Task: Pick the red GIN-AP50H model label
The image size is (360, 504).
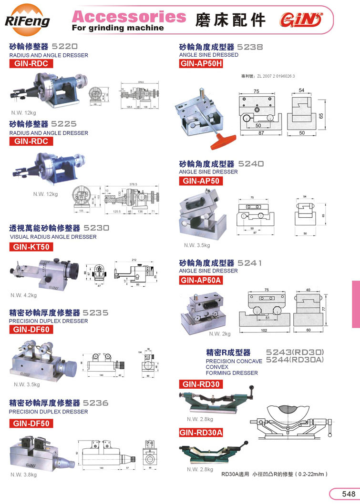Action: click(x=202, y=64)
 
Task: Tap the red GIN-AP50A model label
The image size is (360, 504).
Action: click(x=202, y=280)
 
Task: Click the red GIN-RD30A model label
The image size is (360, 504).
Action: click(x=201, y=433)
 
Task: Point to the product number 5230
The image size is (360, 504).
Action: click(x=97, y=228)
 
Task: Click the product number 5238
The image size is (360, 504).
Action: click(x=250, y=47)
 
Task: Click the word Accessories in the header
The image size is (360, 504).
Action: click(x=129, y=17)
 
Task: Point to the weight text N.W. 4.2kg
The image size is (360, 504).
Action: click(x=24, y=295)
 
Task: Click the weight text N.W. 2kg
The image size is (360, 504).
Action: click(x=220, y=333)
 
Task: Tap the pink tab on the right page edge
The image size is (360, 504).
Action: click(x=356, y=304)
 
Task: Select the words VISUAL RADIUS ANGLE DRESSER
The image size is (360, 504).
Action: click(x=53, y=237)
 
